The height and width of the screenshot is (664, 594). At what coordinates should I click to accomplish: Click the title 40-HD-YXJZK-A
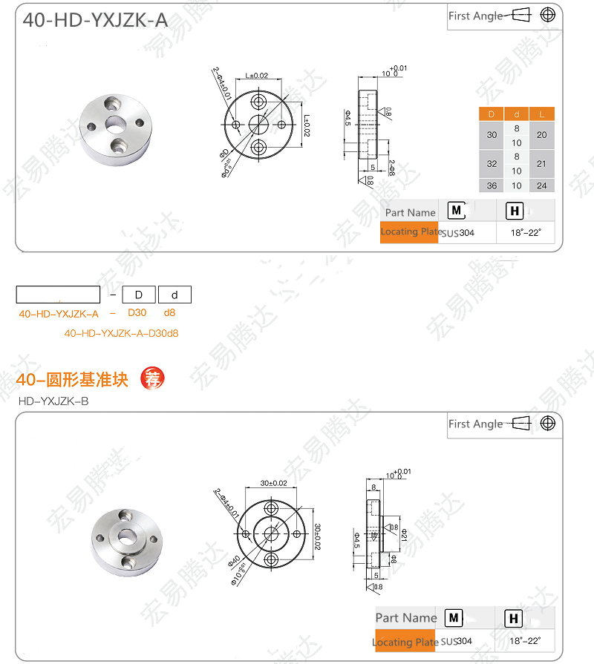coord(95,20)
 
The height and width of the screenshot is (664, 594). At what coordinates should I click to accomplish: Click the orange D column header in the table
coord(491,114)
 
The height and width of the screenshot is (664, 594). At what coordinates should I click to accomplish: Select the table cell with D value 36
coord(492,185)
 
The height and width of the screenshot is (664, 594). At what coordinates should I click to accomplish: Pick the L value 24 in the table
coord(541,185)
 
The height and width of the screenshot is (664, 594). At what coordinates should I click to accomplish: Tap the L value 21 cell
coord(541,163)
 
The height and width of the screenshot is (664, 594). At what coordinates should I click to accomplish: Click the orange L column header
coord(541,114)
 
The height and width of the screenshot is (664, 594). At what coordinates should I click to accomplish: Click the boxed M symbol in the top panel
coord(458,211)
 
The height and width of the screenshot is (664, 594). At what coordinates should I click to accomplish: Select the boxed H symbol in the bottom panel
coord(512,618)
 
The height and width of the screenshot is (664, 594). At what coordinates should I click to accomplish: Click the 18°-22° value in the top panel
coord(526,233)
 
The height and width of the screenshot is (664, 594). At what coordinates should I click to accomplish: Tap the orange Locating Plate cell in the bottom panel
coord(405,641)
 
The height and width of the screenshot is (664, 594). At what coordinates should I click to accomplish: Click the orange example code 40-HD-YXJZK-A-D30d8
coord(121,333)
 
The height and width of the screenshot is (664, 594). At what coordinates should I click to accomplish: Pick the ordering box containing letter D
coord(138,295)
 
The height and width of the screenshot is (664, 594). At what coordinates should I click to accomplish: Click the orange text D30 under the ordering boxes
coord(137,313)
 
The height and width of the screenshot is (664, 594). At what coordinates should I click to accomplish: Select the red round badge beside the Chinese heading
coord(152,378)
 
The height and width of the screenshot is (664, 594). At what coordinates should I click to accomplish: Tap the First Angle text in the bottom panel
coord(475,424)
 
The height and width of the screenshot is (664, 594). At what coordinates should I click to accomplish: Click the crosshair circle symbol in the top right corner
coord(548,15)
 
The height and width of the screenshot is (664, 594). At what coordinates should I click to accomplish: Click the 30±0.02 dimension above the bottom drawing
coord(273,483)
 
